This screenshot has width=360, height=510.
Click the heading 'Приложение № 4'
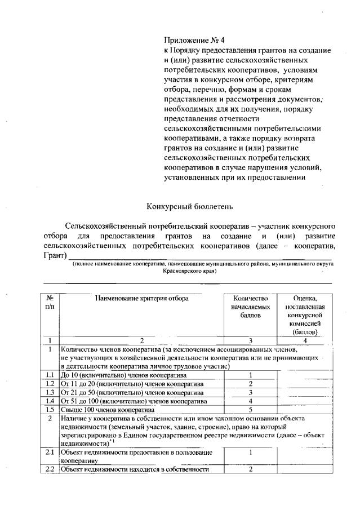tap(193, 41)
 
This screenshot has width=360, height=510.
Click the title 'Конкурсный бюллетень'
tap(180, 206)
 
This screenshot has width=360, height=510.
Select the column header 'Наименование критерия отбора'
tap(141, 298)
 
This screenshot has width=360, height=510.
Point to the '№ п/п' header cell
tap(50, 302)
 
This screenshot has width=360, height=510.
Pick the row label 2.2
tap(50, 469)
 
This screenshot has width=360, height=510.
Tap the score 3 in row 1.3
tap(249, 392)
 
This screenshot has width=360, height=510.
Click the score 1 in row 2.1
tap(249, 452)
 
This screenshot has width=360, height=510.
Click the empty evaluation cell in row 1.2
tap(305, 384)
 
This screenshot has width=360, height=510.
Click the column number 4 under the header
tap(305, 340)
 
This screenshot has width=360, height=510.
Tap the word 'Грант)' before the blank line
tap(55, 256)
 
